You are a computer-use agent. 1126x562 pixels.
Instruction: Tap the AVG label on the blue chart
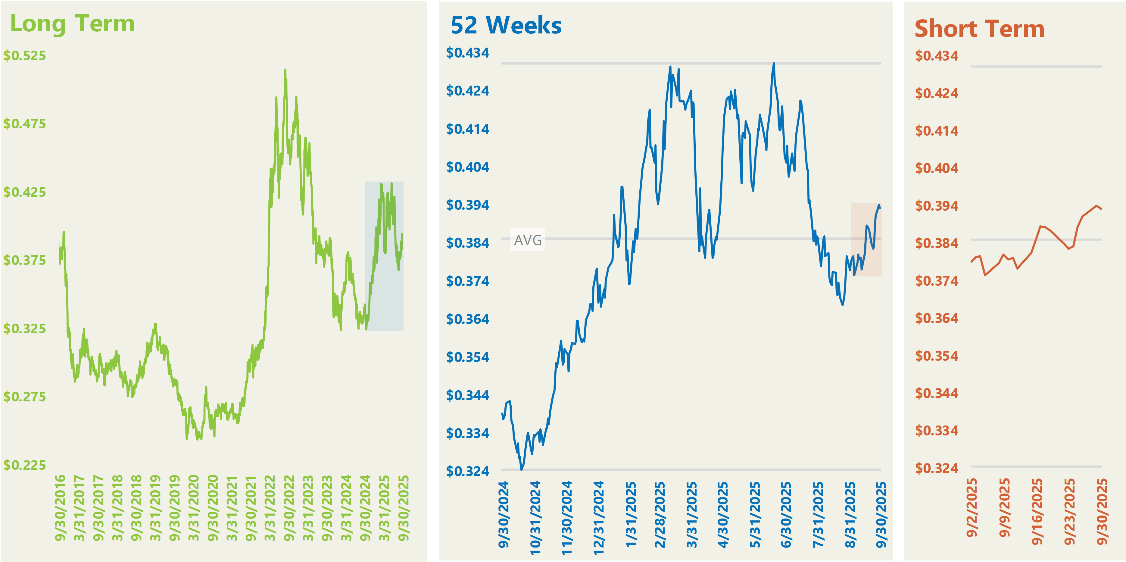coord(528,240)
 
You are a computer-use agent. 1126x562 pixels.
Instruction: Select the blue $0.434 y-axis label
coord(467,53)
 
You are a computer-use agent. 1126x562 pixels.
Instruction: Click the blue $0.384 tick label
coord(467,243)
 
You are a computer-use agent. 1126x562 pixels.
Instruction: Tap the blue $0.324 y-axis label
coord(467,471)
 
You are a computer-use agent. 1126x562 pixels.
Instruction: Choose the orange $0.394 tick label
coord(936,206)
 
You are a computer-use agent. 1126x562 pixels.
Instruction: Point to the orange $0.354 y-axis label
coord(936,356)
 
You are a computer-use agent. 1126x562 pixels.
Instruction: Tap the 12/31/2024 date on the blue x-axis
coord(598,517)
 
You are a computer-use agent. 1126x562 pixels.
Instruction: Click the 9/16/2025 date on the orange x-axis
coord(1037,512)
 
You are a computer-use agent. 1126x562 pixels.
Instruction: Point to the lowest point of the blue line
coord(522,469)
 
